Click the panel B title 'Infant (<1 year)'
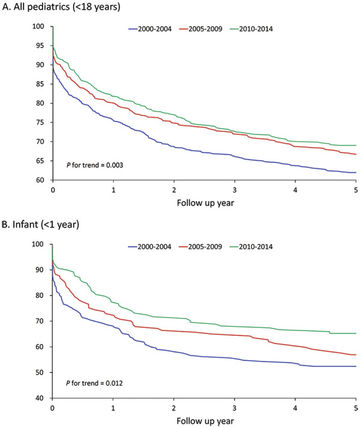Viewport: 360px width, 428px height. point(46,224)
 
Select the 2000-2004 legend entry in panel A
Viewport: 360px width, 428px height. point(150,29)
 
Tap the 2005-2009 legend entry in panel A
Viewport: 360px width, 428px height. point(201,29)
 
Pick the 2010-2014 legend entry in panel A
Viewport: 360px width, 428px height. point(252,29)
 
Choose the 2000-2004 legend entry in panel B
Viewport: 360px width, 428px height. point(150,247)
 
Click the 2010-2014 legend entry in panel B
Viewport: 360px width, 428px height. point(251,247)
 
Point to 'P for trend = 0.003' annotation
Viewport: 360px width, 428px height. point(95,165)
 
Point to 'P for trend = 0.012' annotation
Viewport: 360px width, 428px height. point(95,383)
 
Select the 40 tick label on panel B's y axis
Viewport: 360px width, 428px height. point(40,398)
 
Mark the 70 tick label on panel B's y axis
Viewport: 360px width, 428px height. point(40,321)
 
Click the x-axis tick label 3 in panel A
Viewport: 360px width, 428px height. point(234,190)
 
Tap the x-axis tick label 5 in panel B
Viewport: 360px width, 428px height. point(356,408)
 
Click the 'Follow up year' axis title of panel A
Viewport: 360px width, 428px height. point(205,203)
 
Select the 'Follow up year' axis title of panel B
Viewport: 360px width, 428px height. point(205,421)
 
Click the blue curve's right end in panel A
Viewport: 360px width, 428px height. point(356,172)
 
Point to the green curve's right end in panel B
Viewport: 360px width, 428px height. point(356,333)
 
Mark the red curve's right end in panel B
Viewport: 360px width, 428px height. point(356,354)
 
